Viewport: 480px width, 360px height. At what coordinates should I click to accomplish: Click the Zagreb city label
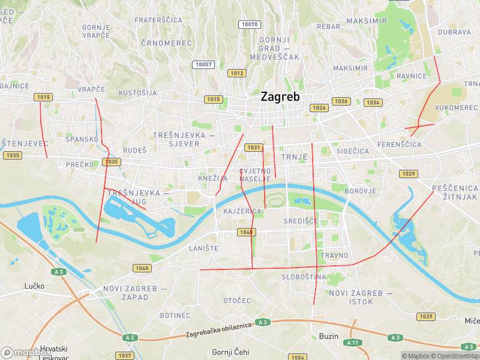pyautogui.click(x=280, y=97)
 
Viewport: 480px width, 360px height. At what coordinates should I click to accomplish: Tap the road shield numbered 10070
pyautogui.click(x=249, y=25)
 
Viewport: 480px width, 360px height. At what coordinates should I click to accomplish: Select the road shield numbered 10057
pyautogui.click(x=204, y=64)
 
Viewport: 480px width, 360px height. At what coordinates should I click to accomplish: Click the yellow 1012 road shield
pyautogui.click(x=236, y=73)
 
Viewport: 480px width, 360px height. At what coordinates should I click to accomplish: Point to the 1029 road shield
pyautogui.click(x=409, y=173)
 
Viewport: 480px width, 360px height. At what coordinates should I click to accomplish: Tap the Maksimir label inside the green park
pyautogui.click(x=367, y=21)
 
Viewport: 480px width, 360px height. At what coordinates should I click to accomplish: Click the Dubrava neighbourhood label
pyautogui.click(x=454, y=32)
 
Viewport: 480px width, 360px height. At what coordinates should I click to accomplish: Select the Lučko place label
pyautogui.click(x=34, y=286)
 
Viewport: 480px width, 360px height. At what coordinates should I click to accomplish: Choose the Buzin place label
pyautogui.click(x=328, y=336)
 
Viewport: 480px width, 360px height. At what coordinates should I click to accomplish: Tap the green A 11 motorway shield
pyautogui.click(x=353, y=342)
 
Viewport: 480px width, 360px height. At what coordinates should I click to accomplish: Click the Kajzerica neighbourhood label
pyautogui.click(x=242, y=212)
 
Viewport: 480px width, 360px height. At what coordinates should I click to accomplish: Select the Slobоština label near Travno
pyautogui.click(x=304, y=277)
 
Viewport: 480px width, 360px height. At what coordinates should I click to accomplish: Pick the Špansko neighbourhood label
pyautogui.click(x=82, y=139)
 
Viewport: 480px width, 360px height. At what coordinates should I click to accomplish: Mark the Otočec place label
pyautogui.click(x=236, y=300)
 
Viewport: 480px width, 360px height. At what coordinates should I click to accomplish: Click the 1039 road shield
pyautogui.click(x=426, y=316)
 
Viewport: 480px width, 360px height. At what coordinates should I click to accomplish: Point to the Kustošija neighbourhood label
pyautogui.click(x=137, y=93)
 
